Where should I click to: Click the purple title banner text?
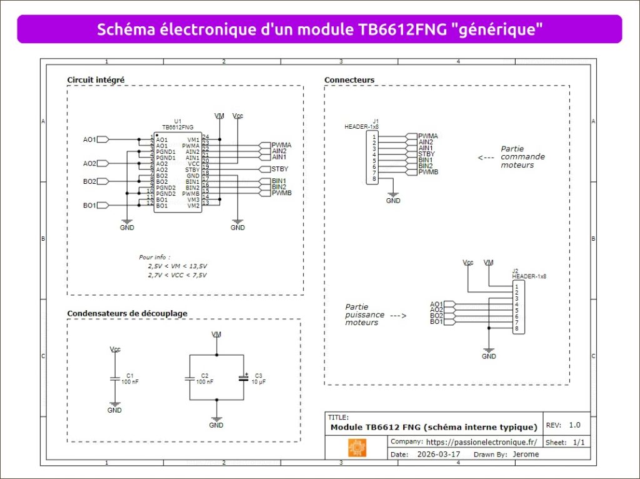point(319,29)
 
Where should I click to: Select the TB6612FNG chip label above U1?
point(177,126)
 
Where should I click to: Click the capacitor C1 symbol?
point(114,378)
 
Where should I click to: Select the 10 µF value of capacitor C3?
point(259,381)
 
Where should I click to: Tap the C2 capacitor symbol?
point(189,378)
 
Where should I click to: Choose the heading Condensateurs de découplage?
point(127,313)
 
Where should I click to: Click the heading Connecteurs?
point(349,80)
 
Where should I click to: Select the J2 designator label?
point(515,270)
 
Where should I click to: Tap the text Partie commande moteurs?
point(522,157)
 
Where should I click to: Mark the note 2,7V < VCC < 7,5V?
point(177,275)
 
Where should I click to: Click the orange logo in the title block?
point(357,448)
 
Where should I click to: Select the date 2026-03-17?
point(437,455)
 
